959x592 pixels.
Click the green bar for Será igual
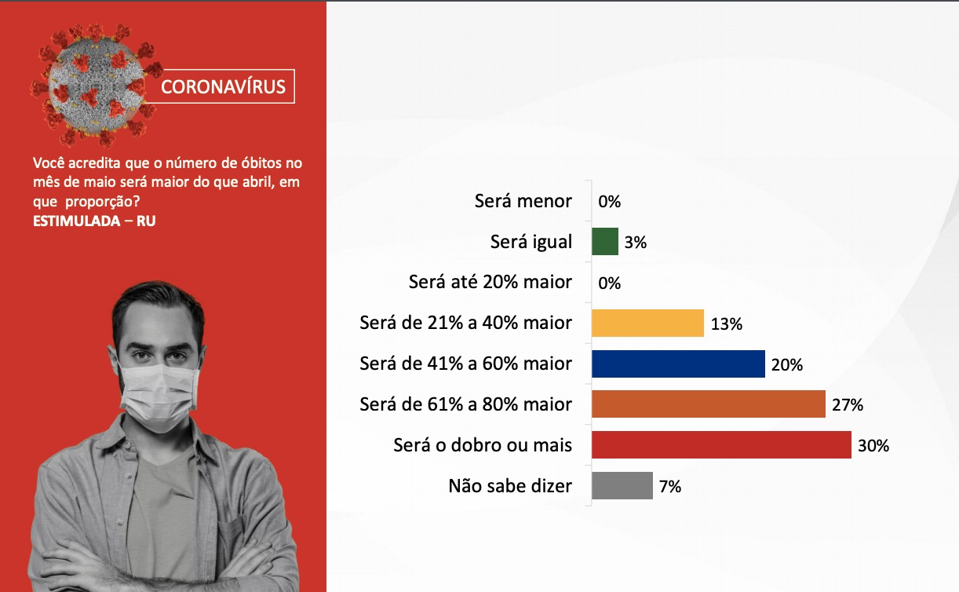[x=605, y=242]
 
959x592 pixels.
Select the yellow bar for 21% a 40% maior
[x=647, y=323]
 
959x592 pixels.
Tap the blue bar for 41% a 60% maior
[x=679, y=364]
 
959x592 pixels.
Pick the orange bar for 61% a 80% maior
[x=709, y=404]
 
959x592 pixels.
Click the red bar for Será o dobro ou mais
[x=722, y=444]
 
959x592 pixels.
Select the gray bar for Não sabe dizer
[x=622, y=485]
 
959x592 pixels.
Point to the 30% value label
[x=873, y=445]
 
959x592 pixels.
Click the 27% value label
[x=848, y=405]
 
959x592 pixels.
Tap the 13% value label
[x=727, y=323]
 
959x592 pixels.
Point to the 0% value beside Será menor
[x=609, y=201]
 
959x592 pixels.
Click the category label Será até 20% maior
[x=490, y=282]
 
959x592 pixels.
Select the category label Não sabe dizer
[x=510, y=486]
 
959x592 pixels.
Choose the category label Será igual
[x=531, y=242]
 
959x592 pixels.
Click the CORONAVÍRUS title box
[x=221, y=86]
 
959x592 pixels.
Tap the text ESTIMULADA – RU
[x=94, y=221]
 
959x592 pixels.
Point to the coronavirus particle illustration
[x=97, y=84]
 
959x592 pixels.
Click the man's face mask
[x=159, y=397]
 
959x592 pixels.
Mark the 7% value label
[x=670, y=486]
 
